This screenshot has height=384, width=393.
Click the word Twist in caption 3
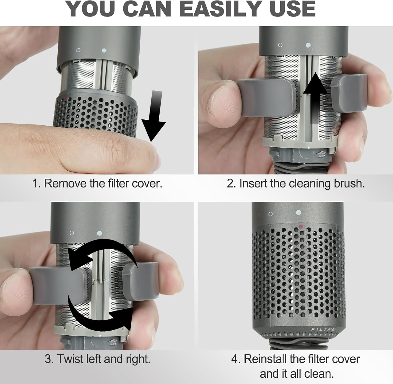click(x=69, y=359)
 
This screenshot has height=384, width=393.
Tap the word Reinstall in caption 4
click(x=265, y=359)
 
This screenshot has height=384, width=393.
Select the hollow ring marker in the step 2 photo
click(x=280, y=45)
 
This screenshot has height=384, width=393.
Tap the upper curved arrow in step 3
click(x=102, y=251)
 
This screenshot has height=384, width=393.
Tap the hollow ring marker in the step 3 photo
click(x=72, y=233)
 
